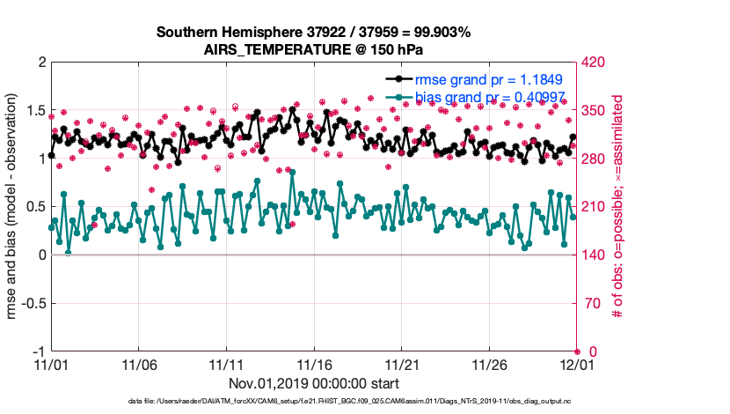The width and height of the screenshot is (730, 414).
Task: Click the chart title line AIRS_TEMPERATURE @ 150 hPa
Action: point(313,48)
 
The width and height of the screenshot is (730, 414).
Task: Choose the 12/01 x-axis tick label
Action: point(577,364)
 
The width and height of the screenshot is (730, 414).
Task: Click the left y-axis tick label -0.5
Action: point(32,303)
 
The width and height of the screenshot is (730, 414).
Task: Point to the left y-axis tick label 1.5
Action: point(35,110)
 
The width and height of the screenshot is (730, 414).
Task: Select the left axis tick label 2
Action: point(41,63)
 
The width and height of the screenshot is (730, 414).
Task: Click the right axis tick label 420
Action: point(595,63)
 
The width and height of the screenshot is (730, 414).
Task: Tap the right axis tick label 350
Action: point(595,110)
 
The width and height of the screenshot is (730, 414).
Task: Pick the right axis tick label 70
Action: point(592,303)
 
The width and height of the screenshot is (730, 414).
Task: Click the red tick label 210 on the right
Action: point(595,207)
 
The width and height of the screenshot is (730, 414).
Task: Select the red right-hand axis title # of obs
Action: point(618,207)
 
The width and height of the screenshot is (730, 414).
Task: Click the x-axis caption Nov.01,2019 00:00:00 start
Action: point(314,383)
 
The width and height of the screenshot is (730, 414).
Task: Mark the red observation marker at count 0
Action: point(577,351)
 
